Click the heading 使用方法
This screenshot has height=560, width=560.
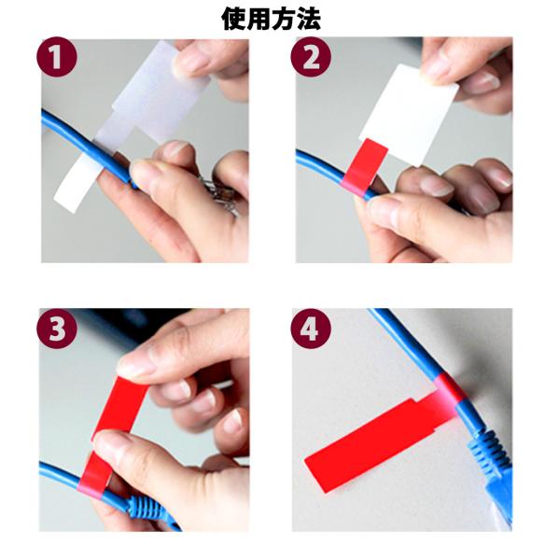[271, 19]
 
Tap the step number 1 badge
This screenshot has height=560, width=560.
[57, 57]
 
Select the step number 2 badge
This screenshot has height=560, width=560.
[311, 57]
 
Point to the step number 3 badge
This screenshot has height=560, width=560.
[57, 329]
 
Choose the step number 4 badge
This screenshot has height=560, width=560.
[311, 329]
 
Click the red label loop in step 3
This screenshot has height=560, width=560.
[114, 428]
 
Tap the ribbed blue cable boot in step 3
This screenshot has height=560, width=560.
[148, 507]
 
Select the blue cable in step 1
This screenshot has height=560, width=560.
[86, 147]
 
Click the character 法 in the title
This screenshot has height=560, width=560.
[308, 19]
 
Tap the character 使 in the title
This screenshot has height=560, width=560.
[233, 19]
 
